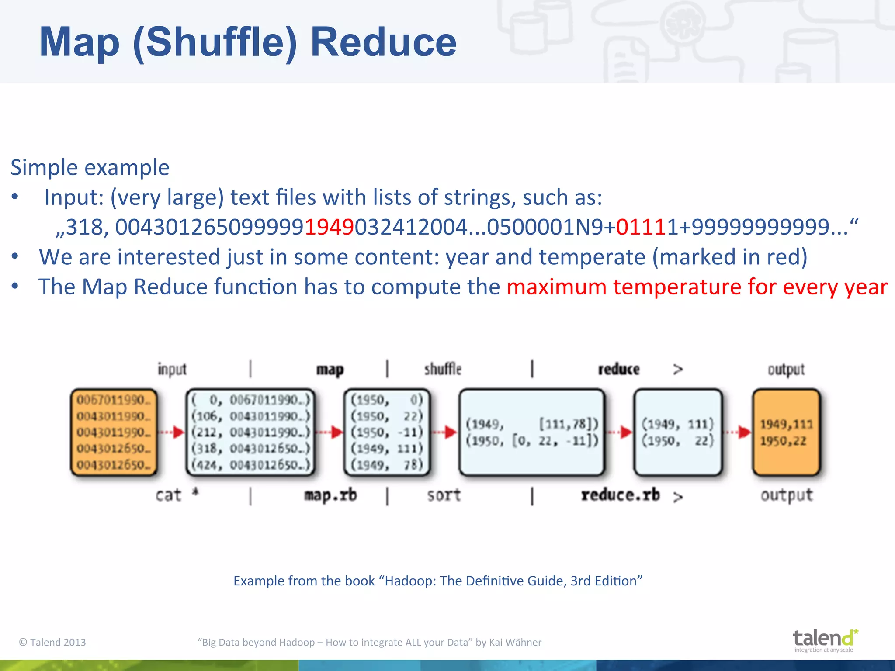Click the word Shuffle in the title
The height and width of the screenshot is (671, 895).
[215, 42]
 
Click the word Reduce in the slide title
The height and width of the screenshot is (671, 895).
[383, 42]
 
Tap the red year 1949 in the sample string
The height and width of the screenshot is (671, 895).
[329, 227]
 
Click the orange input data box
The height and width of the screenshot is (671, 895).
[114, 432]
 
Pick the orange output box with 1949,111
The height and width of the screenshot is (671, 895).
[786, 432]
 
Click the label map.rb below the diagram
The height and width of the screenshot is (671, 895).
[330, 495]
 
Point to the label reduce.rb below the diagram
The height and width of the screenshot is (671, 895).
[620, 495]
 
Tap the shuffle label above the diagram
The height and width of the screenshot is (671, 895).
[443, 369]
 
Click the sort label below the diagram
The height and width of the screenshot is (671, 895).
[444, 495]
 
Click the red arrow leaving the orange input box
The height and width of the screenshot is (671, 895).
[172, 432]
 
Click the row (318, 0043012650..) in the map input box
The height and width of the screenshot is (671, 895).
[250, 449]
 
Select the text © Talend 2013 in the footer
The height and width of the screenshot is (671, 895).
[52, 642]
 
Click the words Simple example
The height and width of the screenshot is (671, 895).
[90, 168]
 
